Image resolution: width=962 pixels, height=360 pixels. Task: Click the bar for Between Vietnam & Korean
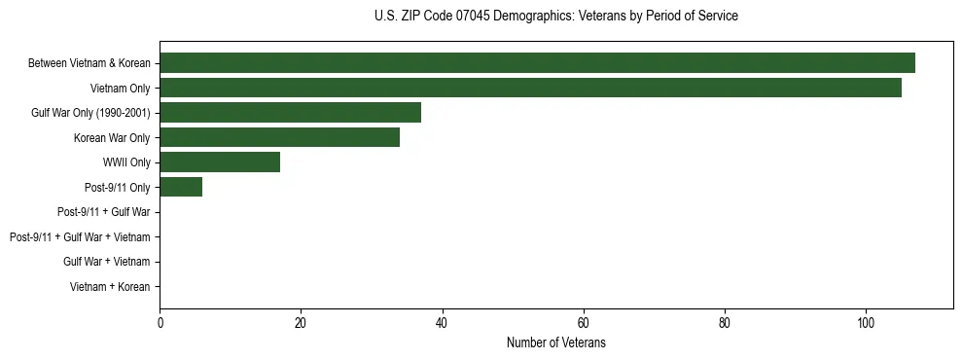click(x=537, y=63)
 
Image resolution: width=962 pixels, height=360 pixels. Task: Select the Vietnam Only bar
click(x=530, y=89)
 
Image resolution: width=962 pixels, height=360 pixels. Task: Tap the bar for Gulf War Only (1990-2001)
click(x=290, y=113)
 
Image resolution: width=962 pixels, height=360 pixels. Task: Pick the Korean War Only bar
click(x=279, y=137)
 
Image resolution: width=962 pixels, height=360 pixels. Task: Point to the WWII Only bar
click(x=220, y=162)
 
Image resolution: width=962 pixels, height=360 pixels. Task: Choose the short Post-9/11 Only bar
click(x=181, y=187)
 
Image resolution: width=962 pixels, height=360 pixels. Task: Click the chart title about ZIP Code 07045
click(x=555, y=17)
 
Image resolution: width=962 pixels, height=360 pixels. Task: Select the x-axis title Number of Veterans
click(x=555, y=342)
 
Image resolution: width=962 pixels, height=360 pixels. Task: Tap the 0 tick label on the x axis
click(x=160, y=323)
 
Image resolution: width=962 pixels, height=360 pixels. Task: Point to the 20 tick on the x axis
click(x=301, y=323)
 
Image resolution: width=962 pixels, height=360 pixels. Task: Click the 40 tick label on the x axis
click(x=442, y=323)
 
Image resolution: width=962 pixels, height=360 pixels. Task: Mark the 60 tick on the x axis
click(x=583, y=323)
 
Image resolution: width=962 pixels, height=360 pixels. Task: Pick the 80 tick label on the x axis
click(x=725, y=323)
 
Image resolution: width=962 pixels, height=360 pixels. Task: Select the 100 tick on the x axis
click(x=866, y=323)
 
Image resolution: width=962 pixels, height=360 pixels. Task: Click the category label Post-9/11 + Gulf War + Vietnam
click(x=80, y=236)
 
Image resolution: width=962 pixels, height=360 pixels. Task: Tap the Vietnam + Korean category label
click(x=110, y=286)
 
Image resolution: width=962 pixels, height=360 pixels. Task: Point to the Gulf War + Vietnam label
click(x=106, y=262)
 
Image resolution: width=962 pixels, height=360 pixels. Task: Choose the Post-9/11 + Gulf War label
click(x=103, y=212)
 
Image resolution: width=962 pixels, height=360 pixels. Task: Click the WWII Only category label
click(x=126, y=162)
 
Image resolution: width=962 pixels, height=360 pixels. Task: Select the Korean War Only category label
click(x=112, y=137)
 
